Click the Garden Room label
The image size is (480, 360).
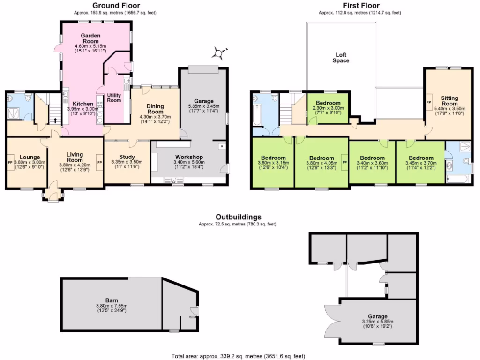(90, 38)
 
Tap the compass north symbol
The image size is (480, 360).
(219, 53)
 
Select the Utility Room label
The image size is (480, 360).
(114, 97)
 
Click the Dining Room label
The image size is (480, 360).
(155, 109)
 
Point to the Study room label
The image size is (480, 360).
(127, 157)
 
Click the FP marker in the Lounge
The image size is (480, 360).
(10, 162)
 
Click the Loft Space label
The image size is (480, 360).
(341, 57)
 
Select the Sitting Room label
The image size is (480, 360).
(449, 101)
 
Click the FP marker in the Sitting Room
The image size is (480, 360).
(428, 101)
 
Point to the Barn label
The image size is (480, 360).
(111, 300)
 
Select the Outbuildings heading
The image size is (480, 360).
(238, 217)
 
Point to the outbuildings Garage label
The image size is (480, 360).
(376, 316)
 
